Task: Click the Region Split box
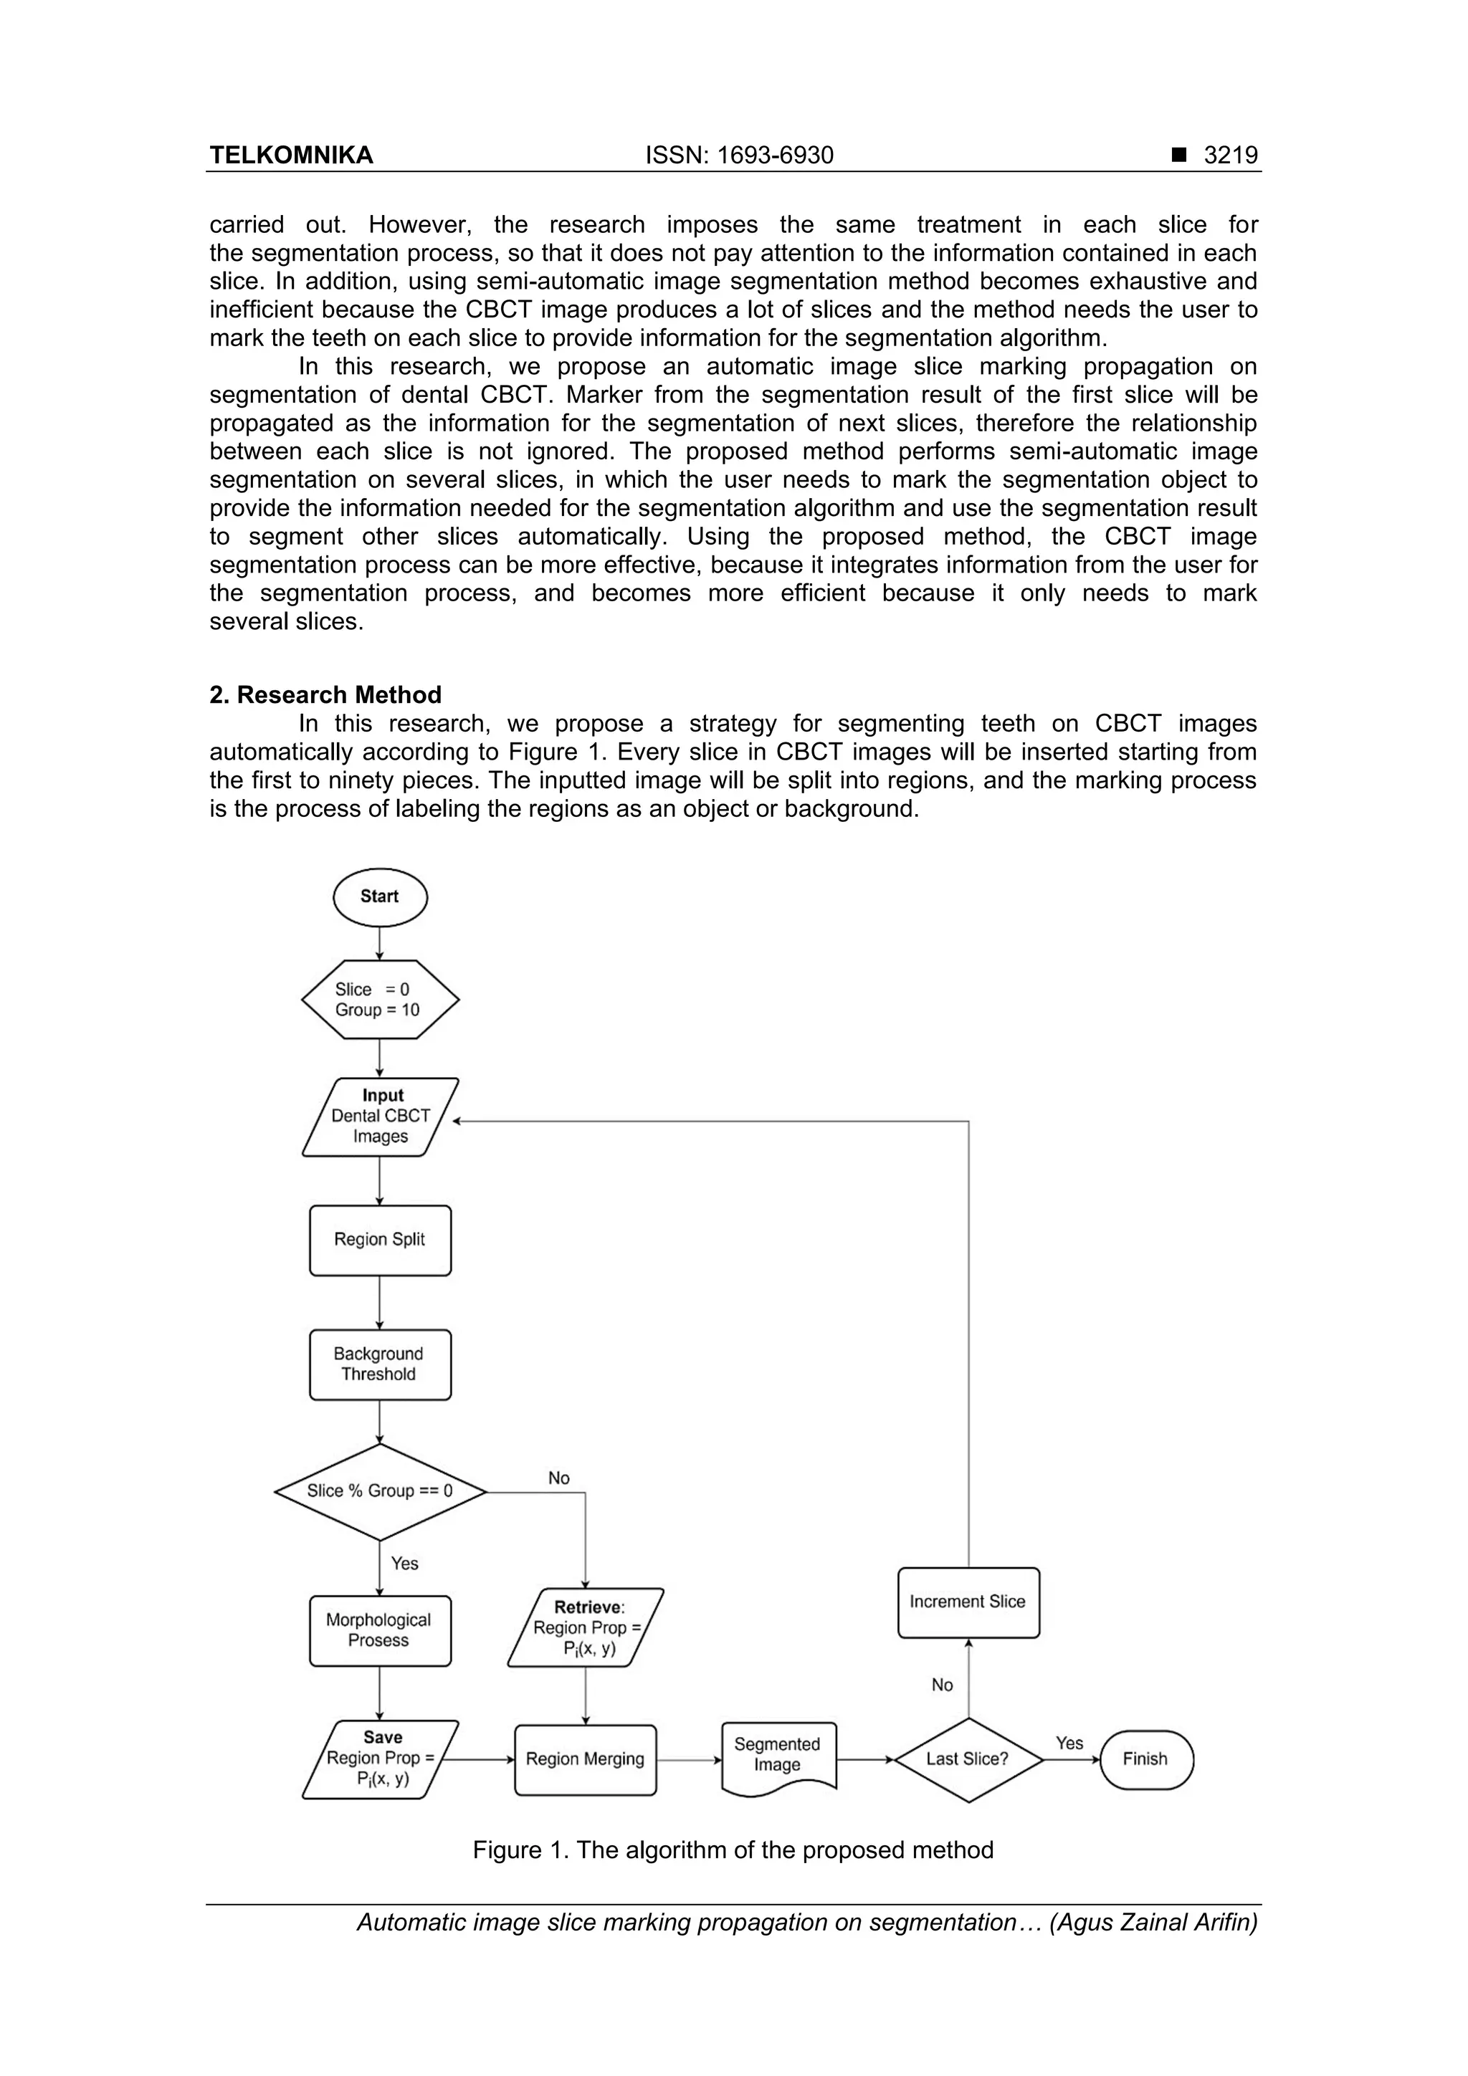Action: coord(380,1240)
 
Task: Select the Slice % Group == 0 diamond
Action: coord(380,1491)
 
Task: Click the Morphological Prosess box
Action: coord(380,1630)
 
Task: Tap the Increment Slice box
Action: coord(968,1602)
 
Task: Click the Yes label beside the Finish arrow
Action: coord(1069,1742)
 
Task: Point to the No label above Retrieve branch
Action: coord(559,1478)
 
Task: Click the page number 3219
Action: coord(1230,156)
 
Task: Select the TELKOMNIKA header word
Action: coord(291,156)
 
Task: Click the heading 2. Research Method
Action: coord(325,694)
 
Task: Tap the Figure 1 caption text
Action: coord(733,1850)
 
